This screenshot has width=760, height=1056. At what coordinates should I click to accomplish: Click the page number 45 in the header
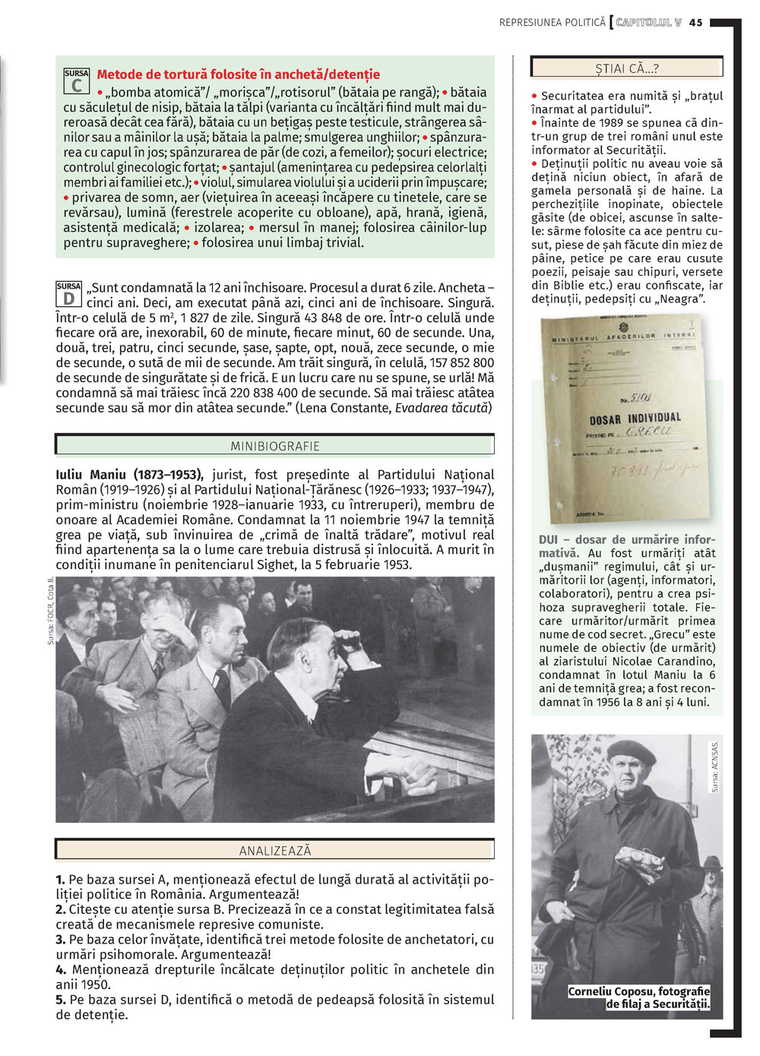pyautogui.click(x=696, y=23)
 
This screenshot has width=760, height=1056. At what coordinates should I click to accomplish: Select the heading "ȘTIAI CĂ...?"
pyautogui.click(x=626, y=68)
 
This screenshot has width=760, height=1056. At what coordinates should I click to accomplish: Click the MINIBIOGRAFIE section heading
pyautogui.click(x=275, y=446)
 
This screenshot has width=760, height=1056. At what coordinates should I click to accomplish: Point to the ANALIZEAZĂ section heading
pyautogui.click(x=275, y=851)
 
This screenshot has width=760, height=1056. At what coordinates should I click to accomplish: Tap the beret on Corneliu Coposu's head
pyautogui.click(x=631, y=752)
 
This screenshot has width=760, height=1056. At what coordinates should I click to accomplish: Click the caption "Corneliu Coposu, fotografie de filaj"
pyautogui.click(x=639, y=998)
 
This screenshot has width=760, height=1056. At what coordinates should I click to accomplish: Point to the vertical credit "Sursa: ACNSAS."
pyautogui.click(x=714, y=767)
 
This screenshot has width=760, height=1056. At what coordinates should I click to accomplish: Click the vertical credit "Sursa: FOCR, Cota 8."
pyautogui.click(x=51, y=612)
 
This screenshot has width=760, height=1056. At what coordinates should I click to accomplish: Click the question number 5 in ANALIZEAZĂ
pyautogui.click(x=61, y=1000)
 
